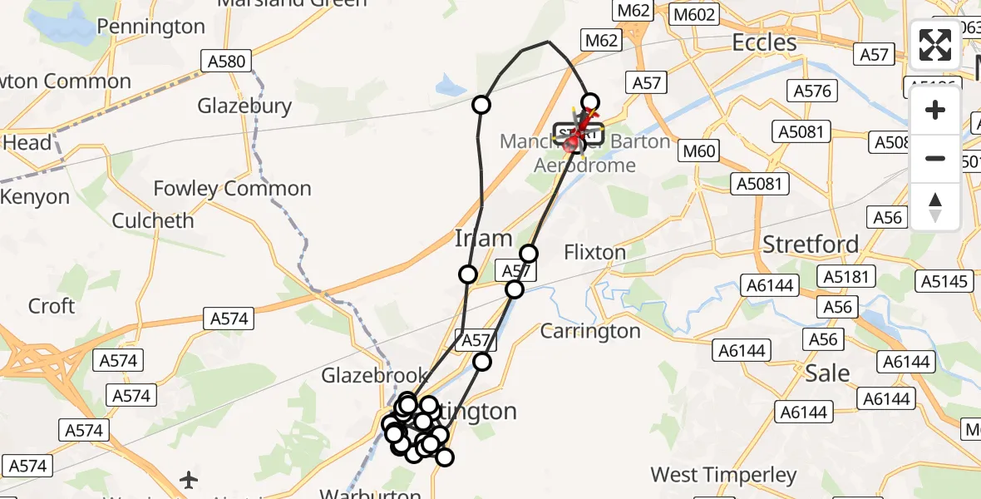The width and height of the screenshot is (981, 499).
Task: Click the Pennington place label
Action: pyautogui.click(x=150, y=27)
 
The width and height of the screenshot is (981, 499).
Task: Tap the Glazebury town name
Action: pyautogui.click(x=244, y=106)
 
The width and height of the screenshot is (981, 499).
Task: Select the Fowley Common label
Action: pyautogui.click(x=232, y=189)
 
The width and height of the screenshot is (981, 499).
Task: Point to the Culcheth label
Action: pyautogui.click(x=153, y=221)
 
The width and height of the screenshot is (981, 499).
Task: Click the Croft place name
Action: pyautogui.click(x=52, y=306)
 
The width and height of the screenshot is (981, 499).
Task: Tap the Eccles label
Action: pyautogui.click(x=764, y=42)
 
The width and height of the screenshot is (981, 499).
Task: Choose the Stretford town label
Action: pyautogui.click(x=811, y=245)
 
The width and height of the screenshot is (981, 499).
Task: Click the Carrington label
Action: pyautogui.click(x=590, y=331)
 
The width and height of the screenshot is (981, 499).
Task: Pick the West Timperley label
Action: pyautogui.click(x=723, y=476)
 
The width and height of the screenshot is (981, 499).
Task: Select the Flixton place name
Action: pyautogui.click(x=594, y=252)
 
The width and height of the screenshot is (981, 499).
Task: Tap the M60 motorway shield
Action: pyautogui.click(x=698, y=151)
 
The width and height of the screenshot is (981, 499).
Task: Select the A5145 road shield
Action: pyautogui.click(x=945, y=282)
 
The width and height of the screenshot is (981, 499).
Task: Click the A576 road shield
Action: pyautogui.click(x=812, y=91)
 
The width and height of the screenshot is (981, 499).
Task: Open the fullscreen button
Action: pyautogui.click(x=935, y=45)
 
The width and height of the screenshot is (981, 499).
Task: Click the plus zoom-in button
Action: pyautogui.click(x=935, y=110)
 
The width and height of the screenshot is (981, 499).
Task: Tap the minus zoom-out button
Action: pyautogui.click(x=935, y=158)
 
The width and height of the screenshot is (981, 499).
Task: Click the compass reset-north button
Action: pyautogui.click(x=935, y=206)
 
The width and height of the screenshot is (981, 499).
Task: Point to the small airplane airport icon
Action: pyautogui.click(x=190, y=480)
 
